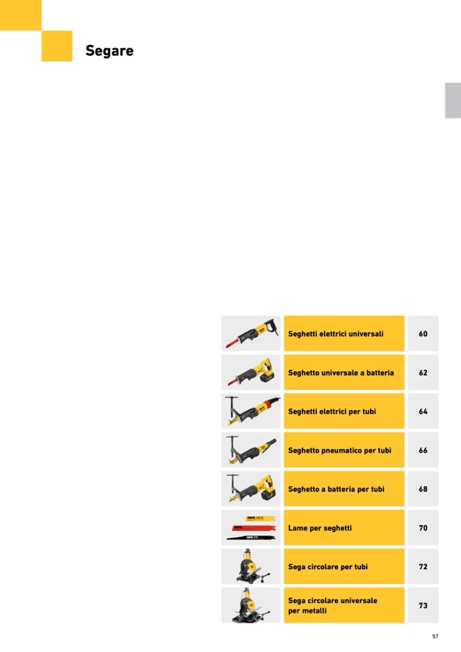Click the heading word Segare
[x=109, y=51]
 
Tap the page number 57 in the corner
[x=435, y=636]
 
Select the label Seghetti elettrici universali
[x=335, y=334]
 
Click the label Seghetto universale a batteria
[x=341, y=373]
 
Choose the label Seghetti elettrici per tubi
[x=332, y=411]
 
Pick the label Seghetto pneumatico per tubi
[x=339, y=450]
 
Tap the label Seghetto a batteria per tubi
[x=336, y=489]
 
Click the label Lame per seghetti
[x=320, y=528]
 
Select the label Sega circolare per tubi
[x=328, y=567]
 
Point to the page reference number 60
[x=423, y=334]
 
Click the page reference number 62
[x=423, y=373]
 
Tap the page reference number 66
[x=423, y=450]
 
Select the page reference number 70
[x=423, y=528]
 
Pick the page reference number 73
[x=423, y=606]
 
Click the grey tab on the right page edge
[x=453, y=101]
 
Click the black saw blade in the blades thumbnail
[x=251, y=538]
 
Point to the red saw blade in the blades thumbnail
[x=253, y=528]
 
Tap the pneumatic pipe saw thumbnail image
[x=251, y=450]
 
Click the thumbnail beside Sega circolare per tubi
[x=251, y=567]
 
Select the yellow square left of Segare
[x=57, y=46]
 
